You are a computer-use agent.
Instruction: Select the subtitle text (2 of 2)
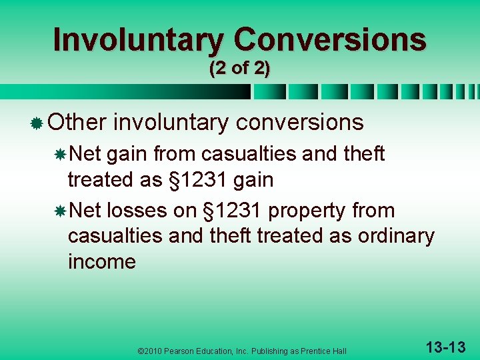point(239,69)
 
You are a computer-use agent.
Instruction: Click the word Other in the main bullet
point(77,122)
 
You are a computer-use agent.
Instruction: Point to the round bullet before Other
point(37,123)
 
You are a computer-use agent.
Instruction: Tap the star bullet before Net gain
point(59,155)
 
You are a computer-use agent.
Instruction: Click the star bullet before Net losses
point(59,211)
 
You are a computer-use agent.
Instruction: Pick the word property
point(309,211)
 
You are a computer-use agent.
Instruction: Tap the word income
point(101,261)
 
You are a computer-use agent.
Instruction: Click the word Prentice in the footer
point(316,351)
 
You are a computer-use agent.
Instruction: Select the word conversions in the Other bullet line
point(300,122)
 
